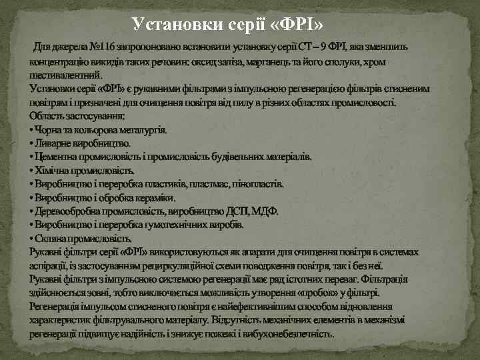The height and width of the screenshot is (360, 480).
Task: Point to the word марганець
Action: coord(251,61)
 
